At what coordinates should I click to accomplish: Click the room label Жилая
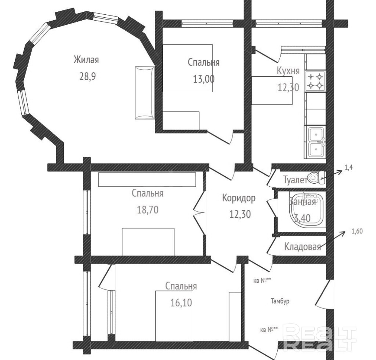[x=86, y=60]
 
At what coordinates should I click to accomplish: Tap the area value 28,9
[x=88, y=77]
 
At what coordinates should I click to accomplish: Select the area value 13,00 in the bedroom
[x=204, y=79]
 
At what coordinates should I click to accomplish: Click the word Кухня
[x=288, y=71]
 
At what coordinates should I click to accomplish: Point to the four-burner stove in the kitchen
[x=315, y=81]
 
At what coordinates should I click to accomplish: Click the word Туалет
[x=295, y=180]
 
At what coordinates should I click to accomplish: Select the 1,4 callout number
[x=348, y=168]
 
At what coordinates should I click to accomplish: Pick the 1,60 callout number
[x=357, y=231]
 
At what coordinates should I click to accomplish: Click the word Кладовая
[x=302, y=247]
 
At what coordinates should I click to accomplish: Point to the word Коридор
[x=239, y=198]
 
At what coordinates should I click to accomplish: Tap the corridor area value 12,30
[x=240, y=214]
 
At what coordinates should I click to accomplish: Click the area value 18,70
[x=148, y=210]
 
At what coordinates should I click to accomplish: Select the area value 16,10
[x=181, y=303]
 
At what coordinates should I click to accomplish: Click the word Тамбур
[x=280, y=301]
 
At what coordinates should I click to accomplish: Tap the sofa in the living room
[x=145, y=93]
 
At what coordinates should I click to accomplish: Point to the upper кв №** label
[x=262, y=281]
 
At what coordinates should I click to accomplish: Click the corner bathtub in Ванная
[x=307, y=209]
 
